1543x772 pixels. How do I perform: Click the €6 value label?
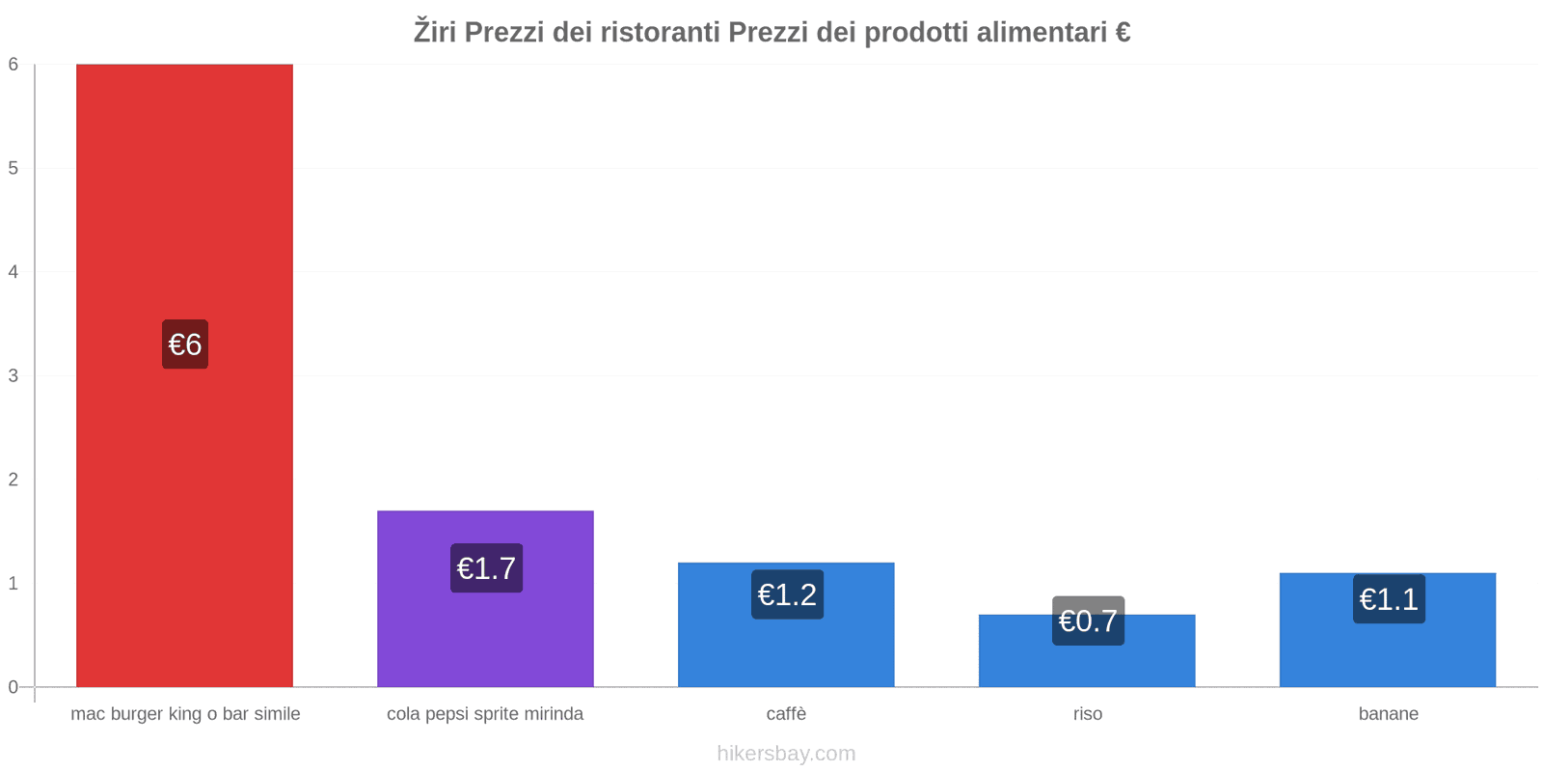coord(185,345)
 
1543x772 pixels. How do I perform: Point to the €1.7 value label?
coord(486,568)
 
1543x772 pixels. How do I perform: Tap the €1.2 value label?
coord(787,594)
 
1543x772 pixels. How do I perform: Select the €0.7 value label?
coord(1088,620)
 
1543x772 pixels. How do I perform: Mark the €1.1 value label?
coord(1389,599)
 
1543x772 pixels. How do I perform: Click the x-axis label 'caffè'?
coord(786,714)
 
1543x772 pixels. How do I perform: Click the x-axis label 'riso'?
coord(1088,714)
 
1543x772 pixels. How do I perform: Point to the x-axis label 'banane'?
coord(1388,714)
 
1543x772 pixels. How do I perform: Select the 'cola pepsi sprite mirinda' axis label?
coord(485,714)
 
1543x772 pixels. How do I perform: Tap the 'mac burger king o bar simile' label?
coord(185,714)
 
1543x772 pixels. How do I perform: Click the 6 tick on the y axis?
coord(14,65)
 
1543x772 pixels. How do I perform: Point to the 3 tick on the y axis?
coord(14,375)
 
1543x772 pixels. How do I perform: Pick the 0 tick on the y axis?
coord(14,687)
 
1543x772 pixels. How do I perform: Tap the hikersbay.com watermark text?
coord(786,754)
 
